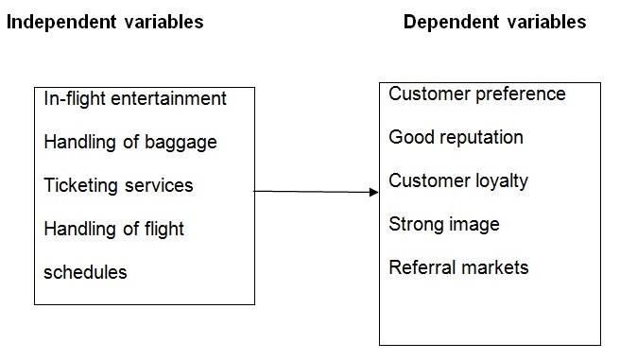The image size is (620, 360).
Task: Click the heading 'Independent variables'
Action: [x=105, y=22]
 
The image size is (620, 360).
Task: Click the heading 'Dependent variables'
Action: [x=494, y=22]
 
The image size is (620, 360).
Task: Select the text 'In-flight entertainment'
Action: [x=135, y=98]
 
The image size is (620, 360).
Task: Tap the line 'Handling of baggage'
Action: [x=130, y=143]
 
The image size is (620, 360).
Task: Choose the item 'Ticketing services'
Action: [x=118, y=185]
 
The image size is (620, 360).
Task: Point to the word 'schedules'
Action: [x=85, y=272]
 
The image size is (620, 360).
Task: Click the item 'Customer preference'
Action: [x=477, y=94]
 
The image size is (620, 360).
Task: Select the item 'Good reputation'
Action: [x=456, y=138]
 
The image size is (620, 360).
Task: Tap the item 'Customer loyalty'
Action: [x=458, y=181]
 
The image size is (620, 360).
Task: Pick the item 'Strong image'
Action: [x=444, y=225]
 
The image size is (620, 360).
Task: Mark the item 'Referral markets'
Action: [x=458, y=268]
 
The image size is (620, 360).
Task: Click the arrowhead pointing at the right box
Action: [x=373, y=193]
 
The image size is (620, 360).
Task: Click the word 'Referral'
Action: [x=418, y=268]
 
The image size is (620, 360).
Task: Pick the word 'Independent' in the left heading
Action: [x=59, y=22]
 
